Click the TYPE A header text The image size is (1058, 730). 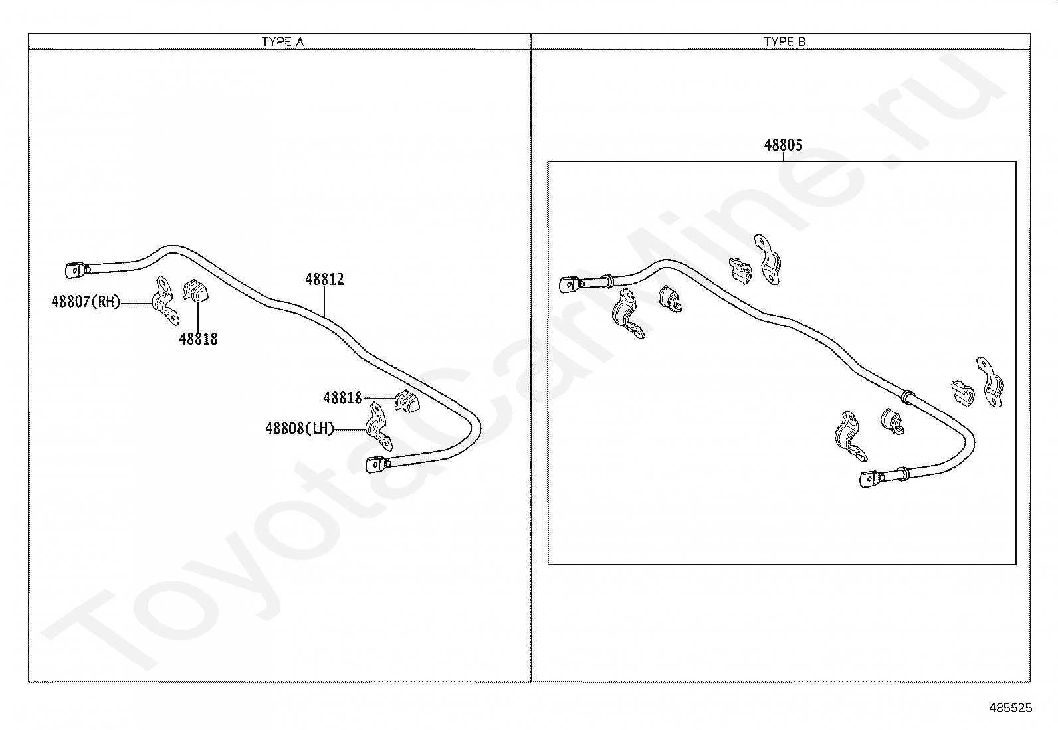(x=282, y=41)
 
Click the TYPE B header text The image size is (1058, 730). (x=784, y=41)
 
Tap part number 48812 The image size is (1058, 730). (x=324, y=280)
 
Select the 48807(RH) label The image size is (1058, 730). (x=86, y=302)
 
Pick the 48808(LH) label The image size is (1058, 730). (x=300, y=428)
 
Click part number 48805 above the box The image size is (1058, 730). (x=783, y=145)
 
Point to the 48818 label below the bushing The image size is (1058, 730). (x=198, y=339)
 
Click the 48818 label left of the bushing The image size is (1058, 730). (x=342, y=398)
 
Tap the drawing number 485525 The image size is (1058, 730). (x=1010, y=708)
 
